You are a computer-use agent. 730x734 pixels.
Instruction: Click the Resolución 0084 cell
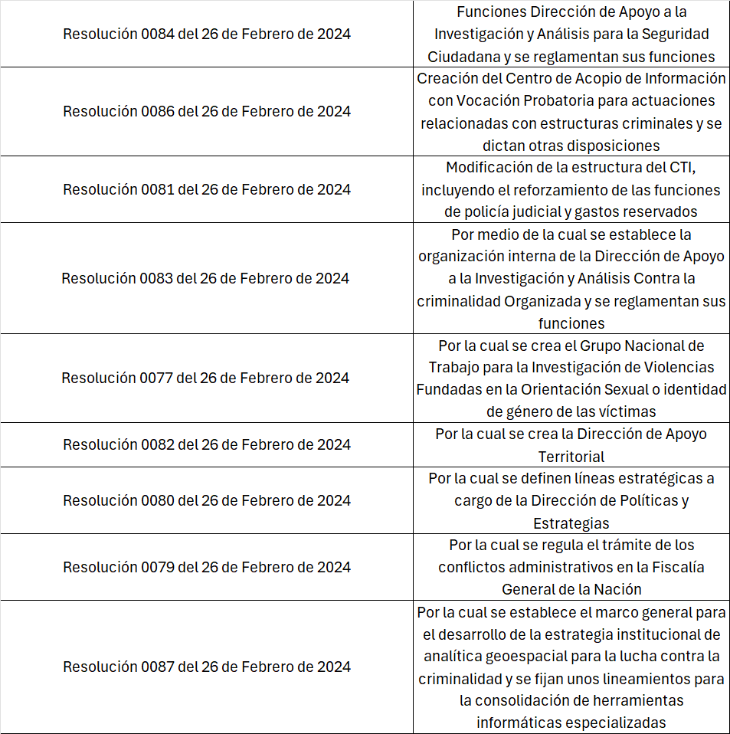pos(207,34)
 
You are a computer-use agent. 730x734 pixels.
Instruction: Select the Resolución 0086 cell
pos(207,112)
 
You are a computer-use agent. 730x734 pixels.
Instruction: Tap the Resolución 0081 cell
pos(207,189)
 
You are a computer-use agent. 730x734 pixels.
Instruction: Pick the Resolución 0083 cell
pos(205,278)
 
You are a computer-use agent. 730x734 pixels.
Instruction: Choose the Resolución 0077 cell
pos(205,378)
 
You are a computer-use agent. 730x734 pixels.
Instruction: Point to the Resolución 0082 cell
pos(207,444)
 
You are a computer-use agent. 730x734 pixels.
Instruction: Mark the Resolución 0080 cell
pos(207,500)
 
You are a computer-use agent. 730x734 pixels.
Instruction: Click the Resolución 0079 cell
pos(207,567)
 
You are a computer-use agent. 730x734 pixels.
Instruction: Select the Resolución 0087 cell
pos(207,667)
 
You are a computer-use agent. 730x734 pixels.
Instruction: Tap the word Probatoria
pos(536,100)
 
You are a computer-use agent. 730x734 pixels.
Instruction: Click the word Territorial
pos(571,457)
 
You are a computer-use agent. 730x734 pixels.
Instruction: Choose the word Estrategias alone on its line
pos(571,523)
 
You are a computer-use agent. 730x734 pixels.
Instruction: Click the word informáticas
pos(521,723)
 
